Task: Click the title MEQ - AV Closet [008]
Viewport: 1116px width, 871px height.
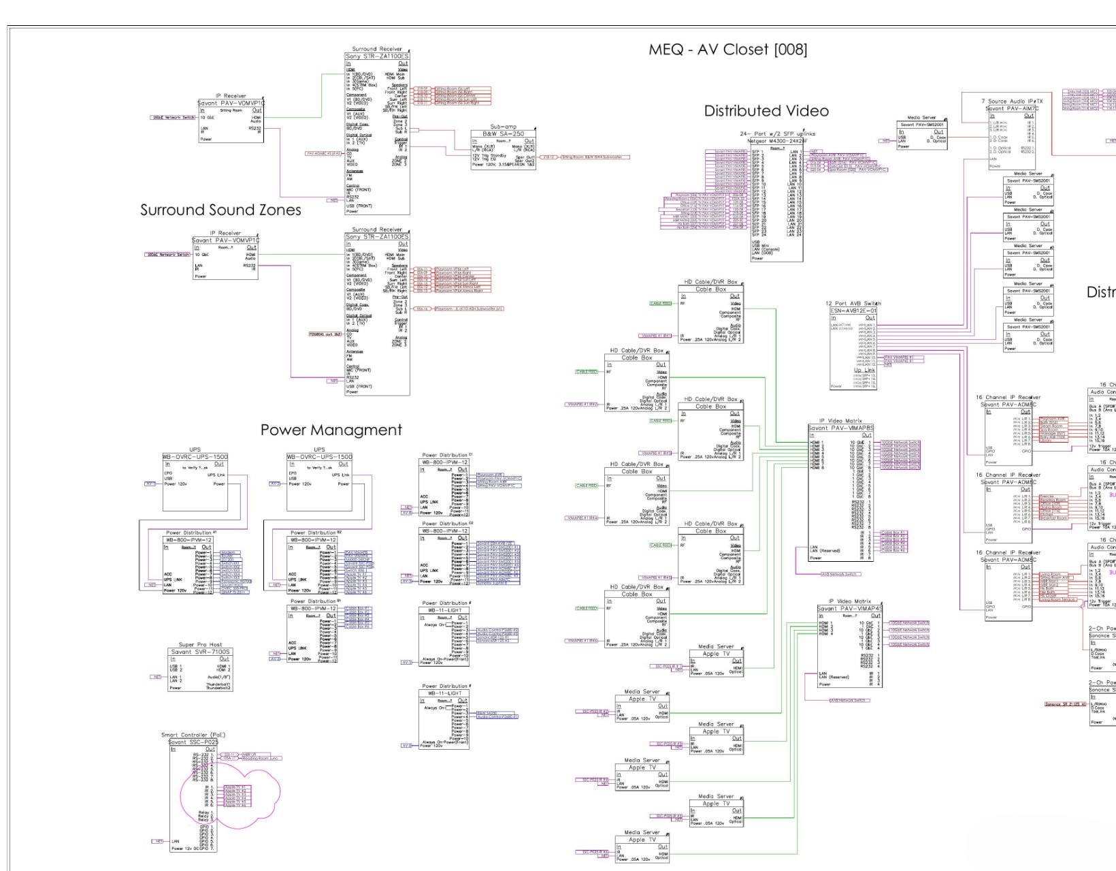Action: tap(727, 50)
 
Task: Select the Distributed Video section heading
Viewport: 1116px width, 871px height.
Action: tap(766, 111)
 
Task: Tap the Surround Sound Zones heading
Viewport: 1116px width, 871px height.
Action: tap(220, 210)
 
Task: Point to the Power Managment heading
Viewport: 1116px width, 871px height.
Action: tap(331, 430)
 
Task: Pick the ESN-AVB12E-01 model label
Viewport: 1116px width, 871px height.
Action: tap(853, 311)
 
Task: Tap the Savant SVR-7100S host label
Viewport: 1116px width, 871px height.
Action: tap(200, 652)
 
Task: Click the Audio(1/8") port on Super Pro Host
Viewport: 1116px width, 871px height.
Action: tap(219, 678)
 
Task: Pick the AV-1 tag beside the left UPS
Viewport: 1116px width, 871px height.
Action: tap(150, 484)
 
